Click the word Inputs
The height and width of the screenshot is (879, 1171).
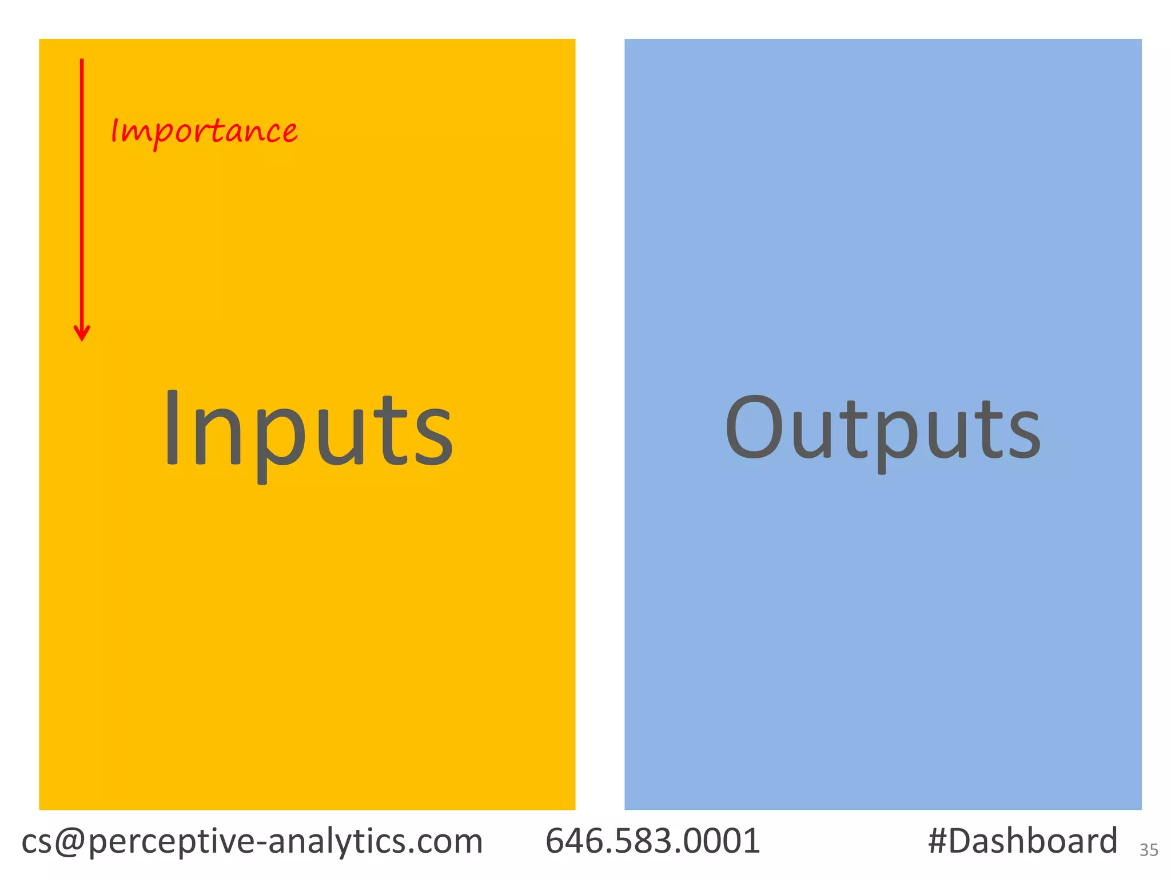(x=309, y=429)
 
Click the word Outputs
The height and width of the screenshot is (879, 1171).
(x=883, y=429)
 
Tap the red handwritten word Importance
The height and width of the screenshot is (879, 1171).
(x=204, y=132)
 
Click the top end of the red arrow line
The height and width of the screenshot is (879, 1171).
(x=82, y=61)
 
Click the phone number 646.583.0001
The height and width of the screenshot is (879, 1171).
(x=652, y=841)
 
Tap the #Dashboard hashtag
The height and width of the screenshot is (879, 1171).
(x=1022, y=841)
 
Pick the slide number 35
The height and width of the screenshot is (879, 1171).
(x=1149, y=850)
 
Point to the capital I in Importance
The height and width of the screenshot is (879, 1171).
(x=115, y=130)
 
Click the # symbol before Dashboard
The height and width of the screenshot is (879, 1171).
(x=938, y=841)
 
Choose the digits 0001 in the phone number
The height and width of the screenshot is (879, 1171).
(x=725, y=841)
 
